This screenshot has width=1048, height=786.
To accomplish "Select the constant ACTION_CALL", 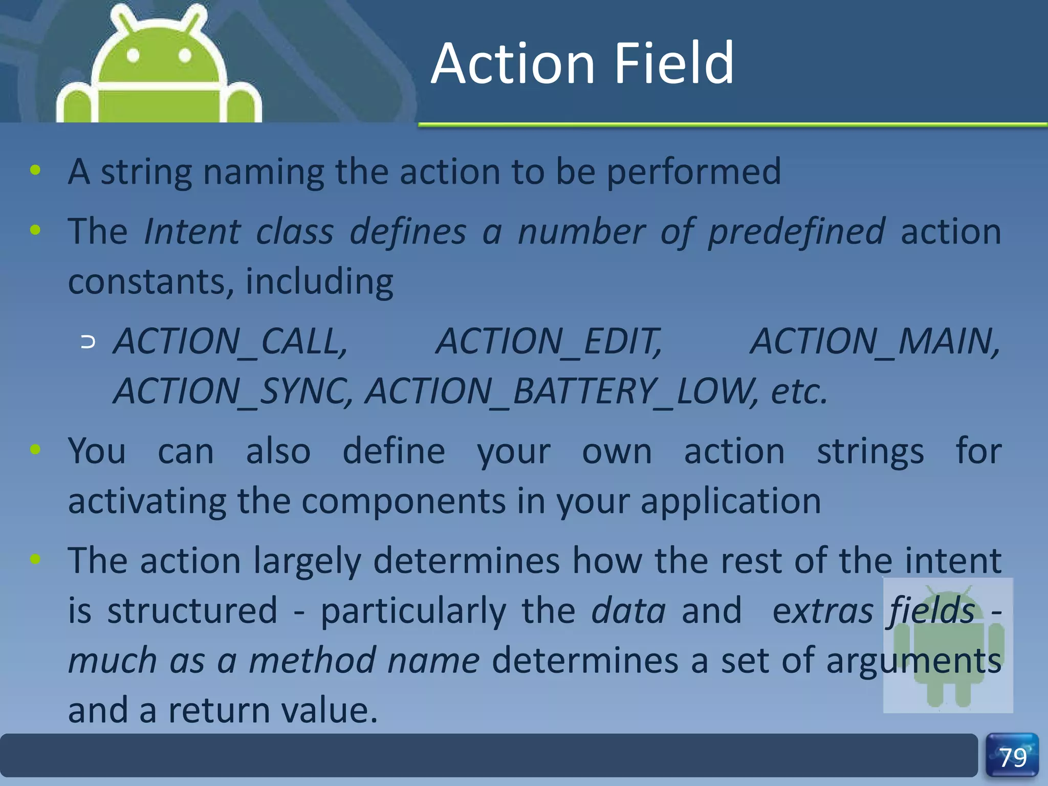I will [230, 341].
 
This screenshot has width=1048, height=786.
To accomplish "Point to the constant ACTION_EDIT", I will [549, 341].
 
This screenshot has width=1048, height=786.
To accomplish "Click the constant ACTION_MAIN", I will [875, 341].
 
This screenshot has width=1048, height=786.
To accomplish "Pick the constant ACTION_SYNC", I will [233, 391].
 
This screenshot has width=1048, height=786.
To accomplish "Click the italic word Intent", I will [192, 231].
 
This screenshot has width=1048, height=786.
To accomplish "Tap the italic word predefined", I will [796, 231].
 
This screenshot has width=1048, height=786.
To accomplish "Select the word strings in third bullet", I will [870, 451].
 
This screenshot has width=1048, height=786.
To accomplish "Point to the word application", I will [731, 501].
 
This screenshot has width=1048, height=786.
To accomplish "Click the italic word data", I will [628, 611].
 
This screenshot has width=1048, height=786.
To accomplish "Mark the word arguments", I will [913, 661].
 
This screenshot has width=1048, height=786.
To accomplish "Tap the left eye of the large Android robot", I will [133, 55].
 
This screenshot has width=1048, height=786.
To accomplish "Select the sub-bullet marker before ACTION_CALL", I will [88, 342].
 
